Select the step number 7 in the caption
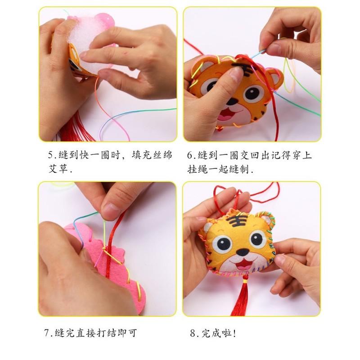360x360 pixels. coord(46,333)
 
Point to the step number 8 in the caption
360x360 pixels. coord(193,333)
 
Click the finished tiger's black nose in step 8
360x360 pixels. coord(238,253)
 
